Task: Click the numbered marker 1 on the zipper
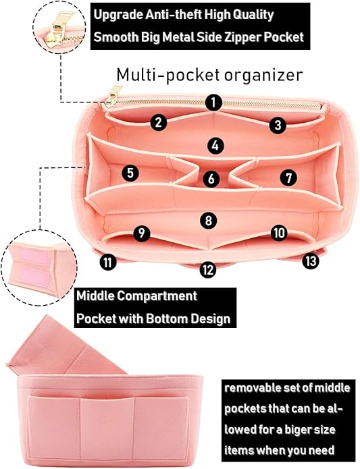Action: pyautogui.click(x=213, y=103)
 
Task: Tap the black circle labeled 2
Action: pyautogui.click(x=158, y=122)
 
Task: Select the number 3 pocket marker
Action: pyautogui.click(x=278, y=125)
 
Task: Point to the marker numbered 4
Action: pyautogui.click(x=215, y=146)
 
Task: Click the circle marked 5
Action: pyautogui.click(x=130, y=173)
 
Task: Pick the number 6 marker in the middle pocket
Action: pyautogui.click(x=211, y=179)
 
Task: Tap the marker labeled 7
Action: pyautogui.click(x=288, y=178)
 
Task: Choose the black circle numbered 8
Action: pyautogui.click(x=208, y=221)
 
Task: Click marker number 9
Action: pyautogui.click(x=142, y=233)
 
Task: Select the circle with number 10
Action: pyautogui.click(x=279, y=233)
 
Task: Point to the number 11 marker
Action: pyautogui.click(x=108, y=262)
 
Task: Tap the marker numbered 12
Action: pyautogui.click(x=207, y=269)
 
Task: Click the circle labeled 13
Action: pyautogui.click(x=311, y=261)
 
